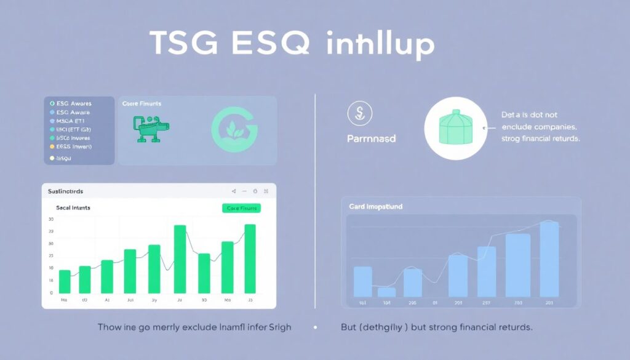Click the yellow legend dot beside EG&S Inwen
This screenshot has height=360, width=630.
point(52,147)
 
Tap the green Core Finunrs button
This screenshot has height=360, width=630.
point(241,208)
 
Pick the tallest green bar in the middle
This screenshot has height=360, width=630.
point(180,259)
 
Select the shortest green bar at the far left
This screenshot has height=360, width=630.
point(64,281)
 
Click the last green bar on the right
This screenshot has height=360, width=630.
point(250,258)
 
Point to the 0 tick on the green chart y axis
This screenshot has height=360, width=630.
point(51,293)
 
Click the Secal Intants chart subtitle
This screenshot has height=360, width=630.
point(73,208)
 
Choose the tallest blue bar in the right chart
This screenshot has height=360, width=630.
point(549,259)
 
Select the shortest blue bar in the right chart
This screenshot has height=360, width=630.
point(386,292)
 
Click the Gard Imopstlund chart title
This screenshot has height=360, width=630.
point(375,207)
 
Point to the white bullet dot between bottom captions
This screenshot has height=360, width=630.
point(315,328)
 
